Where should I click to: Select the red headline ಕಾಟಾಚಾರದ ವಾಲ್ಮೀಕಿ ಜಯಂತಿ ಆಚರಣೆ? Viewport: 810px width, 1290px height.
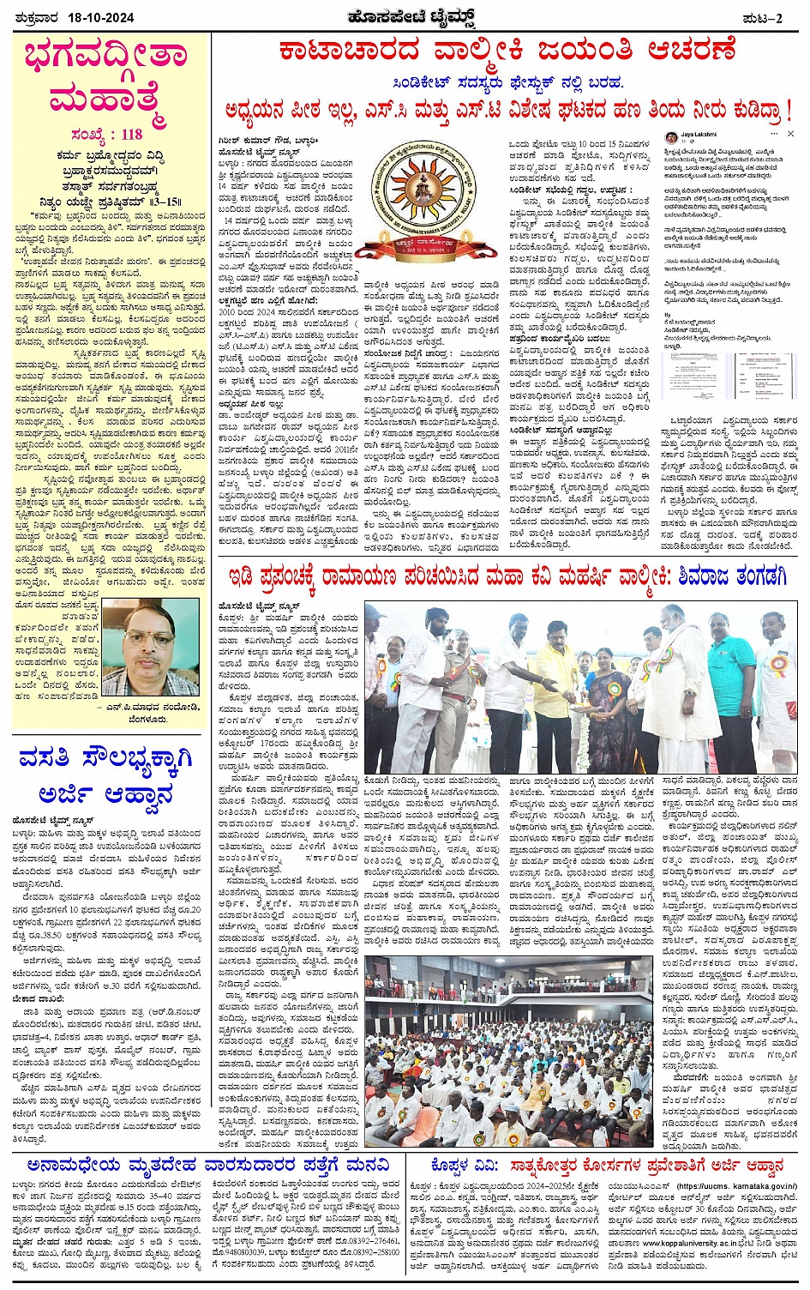(x=507, y=50)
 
